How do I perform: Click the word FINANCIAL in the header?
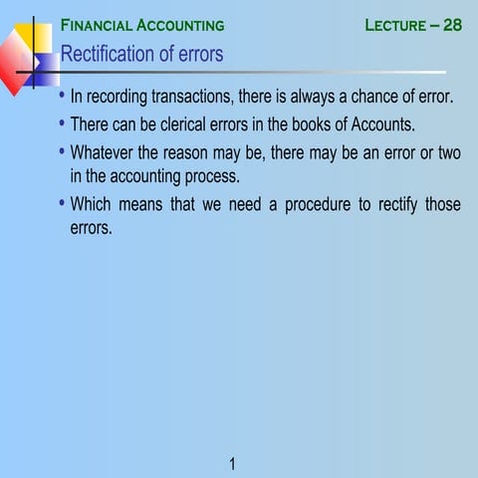click(98, 25)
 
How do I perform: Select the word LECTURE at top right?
click(395, 25)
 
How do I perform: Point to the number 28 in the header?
click(452, 25)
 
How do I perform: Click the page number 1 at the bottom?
click(232, 463)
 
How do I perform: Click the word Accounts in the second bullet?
click(377, 125)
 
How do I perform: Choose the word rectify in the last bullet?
click(382, 204)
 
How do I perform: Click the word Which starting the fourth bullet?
click(93, 204)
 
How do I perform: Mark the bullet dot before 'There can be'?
click(62, 123)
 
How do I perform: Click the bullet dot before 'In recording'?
click(62, 97)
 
